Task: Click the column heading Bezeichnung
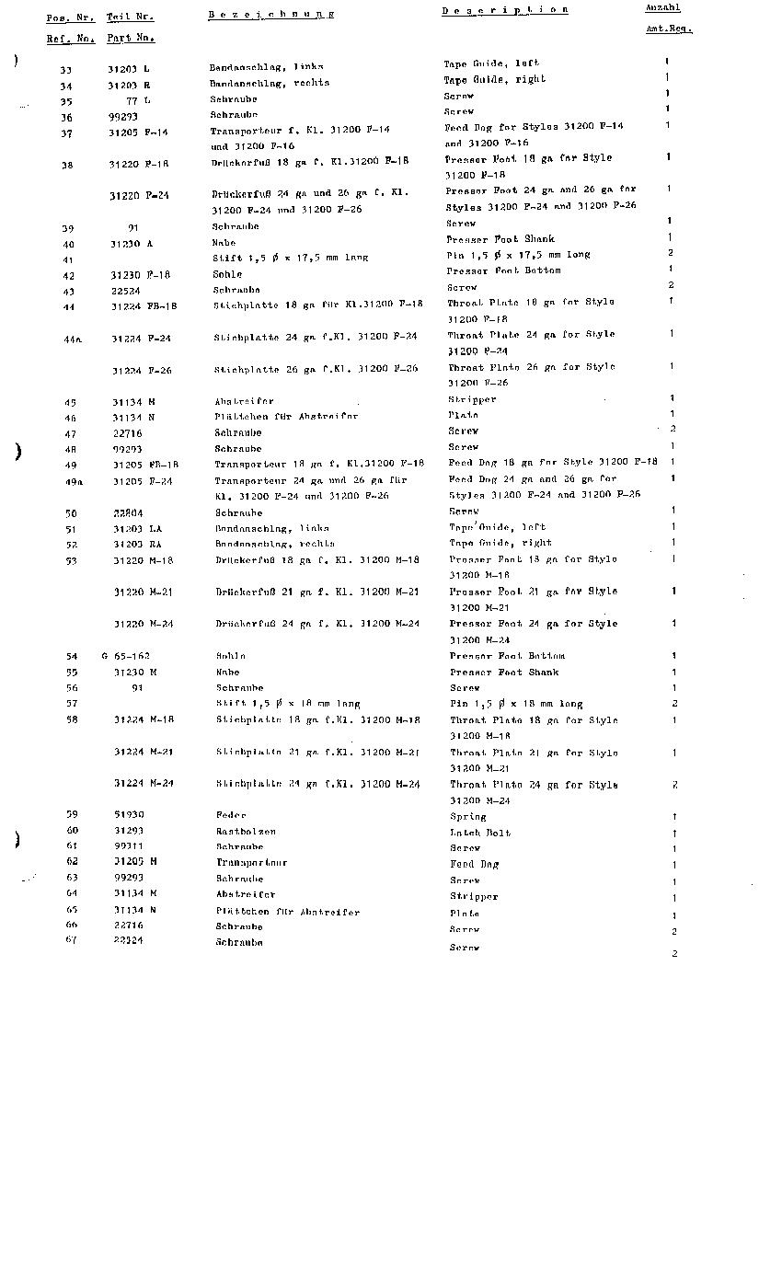click(270, 15)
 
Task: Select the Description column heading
click(504, 11)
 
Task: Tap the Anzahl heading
click(662, 7)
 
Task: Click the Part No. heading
click(131, 39)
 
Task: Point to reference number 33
click(65, 70)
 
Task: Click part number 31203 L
click(129, 69)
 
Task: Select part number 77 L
click(138, 100)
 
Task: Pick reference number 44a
click(73, 339)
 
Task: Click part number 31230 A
click(132, 244)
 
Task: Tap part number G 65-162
click(126, 656)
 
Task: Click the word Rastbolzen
click(246, 831)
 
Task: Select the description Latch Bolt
click(480, 833)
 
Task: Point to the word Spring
click(468, 817)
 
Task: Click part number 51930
click(129, 814)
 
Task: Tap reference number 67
click(71, 939)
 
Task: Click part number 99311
click(129, 845)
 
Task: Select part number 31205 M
click(135, 861)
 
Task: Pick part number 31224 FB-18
click(144, 305)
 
